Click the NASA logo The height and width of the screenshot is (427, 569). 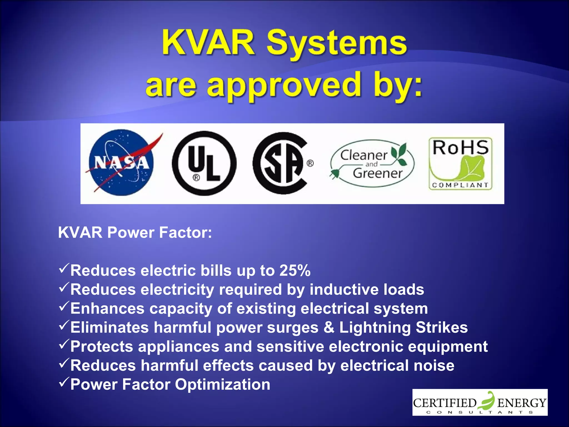(121, 163)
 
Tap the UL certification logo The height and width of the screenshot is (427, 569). (204, 163)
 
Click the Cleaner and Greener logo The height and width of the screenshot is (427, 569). (372, 164)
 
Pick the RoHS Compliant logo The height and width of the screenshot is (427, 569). (460, 164)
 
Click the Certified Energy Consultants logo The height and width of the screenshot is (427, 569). (480, 402)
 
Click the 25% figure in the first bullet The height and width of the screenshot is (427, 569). (295, 270)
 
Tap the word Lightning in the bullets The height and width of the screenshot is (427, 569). (375, 328)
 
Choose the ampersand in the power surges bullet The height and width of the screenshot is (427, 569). (329, 327)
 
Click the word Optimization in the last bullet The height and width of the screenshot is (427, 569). (223, 384)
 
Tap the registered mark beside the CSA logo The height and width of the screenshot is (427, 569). (310, 163)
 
